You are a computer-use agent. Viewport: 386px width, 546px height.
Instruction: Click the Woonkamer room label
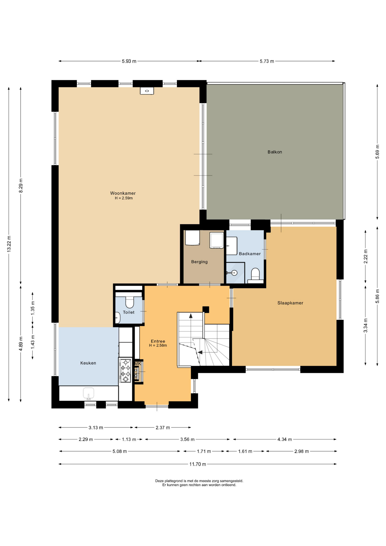pos(123,193)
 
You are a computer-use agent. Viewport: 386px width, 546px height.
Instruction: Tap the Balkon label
pos(275,152)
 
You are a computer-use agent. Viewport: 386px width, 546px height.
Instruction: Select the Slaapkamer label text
pos(290,303)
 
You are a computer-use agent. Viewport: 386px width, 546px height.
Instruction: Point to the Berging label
pos(199,262)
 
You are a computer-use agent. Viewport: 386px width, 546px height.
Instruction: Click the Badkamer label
pos(250,254)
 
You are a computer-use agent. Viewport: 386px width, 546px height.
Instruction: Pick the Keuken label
pos(88,363)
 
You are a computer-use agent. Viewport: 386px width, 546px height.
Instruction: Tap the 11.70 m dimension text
pos(198,464)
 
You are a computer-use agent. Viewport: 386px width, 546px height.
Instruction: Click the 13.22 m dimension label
pos(9,244)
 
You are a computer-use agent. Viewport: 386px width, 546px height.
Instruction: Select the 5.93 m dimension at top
pos(129,61)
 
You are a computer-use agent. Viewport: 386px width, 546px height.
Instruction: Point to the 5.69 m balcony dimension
pos(377,152)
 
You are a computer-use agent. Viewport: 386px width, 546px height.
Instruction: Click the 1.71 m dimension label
pos(204,451)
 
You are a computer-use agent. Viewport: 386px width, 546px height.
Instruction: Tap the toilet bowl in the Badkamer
pos(256,274)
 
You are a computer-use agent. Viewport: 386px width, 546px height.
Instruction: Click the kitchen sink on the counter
pos(88,394)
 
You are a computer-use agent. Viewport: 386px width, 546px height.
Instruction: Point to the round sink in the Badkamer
pos(234,273)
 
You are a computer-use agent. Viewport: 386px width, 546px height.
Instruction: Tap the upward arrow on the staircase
pos(191,316)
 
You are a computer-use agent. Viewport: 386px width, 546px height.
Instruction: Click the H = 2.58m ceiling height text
pos(158,346)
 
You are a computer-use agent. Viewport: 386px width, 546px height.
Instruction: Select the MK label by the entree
pos(138,364)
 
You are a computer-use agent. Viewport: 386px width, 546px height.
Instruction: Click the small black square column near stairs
pos(206,309)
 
